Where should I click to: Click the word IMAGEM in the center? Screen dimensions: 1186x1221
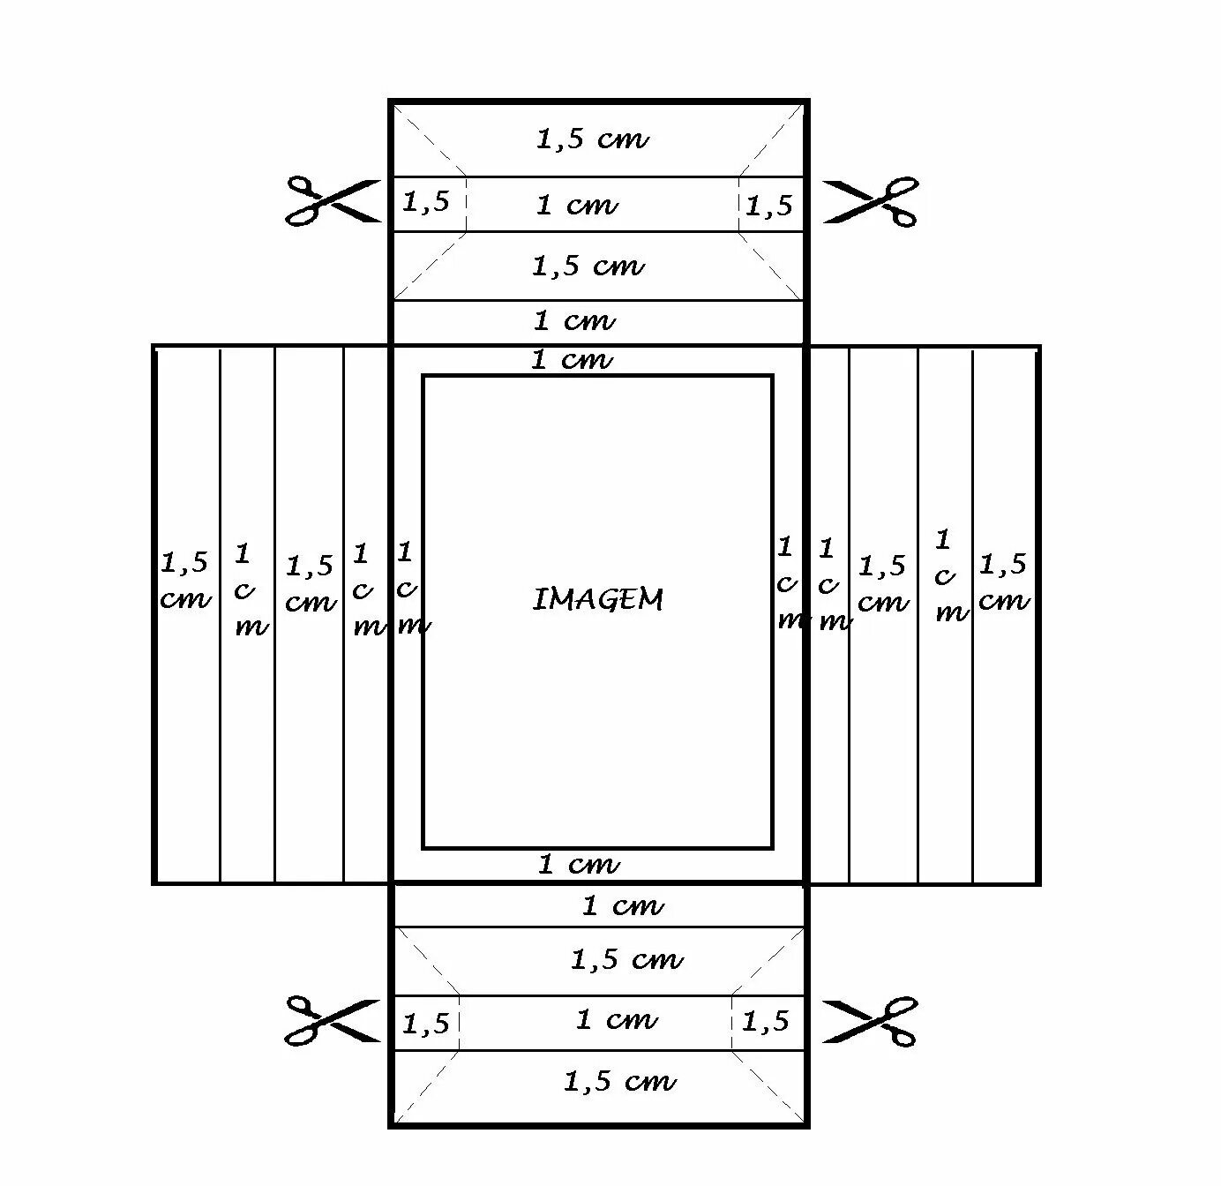pos(598,600)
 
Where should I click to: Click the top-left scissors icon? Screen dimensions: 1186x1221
pos(332,202)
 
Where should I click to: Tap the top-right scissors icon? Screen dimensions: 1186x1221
pos(871,202)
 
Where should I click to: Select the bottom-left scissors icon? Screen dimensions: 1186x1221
pos(332,1021)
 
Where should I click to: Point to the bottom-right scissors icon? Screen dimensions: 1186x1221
pos(871,1021)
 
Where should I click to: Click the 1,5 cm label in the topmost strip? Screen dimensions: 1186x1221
pos(593,139)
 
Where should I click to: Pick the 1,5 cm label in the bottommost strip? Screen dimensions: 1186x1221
pos(619,1081)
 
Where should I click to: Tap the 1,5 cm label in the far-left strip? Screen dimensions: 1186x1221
pos(185,580)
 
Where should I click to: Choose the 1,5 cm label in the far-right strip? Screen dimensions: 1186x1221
pos(1004,582)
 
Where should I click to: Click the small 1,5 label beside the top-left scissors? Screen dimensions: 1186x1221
pos(426,202)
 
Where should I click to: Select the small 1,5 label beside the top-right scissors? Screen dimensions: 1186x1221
pos(769,206)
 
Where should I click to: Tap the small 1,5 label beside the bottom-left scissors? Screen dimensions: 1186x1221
pos(426,1025)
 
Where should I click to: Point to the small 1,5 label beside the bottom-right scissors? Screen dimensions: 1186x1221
pos(766,1022)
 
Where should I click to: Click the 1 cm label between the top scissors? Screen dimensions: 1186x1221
pos(577,206)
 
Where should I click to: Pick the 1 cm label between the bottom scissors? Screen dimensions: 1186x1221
pos(617,1020)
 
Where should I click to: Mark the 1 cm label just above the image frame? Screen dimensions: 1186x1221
pos(572,360)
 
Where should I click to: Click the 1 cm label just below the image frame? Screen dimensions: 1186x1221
pos(579,865)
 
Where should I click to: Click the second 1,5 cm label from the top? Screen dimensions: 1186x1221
pos(588,266)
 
